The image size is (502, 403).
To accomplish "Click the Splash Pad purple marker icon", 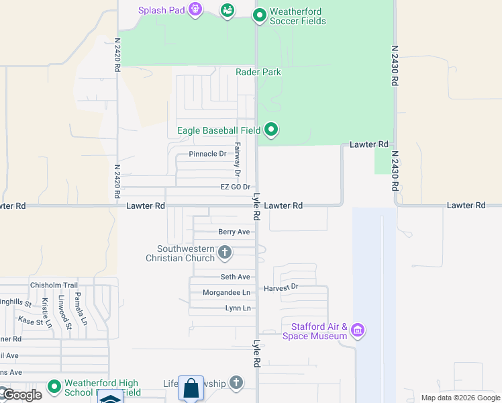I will pyautogui.click(x=195, y=10).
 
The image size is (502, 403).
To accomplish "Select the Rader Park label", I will pyautogui.click(x=258, y=72).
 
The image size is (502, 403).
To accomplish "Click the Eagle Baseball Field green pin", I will pyautogui.click(x=271, y=130).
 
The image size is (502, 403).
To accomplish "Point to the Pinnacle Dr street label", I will pyautogui.click(x=207, y=154).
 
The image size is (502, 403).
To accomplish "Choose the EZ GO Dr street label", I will pyautogui.click(x=235, y=187).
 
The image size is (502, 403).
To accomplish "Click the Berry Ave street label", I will pyautogui.click(x=234, y=232).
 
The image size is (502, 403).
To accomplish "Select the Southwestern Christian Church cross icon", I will pyautogui.click(x=225, y=253).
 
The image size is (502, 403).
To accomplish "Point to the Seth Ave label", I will pyautogui.click(x=235, y=277).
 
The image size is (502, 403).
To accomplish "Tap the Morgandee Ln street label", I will pyautogui.click(x=227, y=293).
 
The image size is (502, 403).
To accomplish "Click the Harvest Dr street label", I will pyautogui.click(x=281, y=287).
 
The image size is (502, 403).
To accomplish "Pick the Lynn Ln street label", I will pyautogui.click(x=238, y=308).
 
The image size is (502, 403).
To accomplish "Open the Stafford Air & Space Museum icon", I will pyautogui.click(x=358, y=330).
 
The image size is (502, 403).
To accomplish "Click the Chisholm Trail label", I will pyautogui.click(x=54, y=285).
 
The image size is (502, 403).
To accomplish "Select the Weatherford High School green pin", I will pyautogui.click(x=54, y=387).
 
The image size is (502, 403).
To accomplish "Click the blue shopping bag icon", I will pyautogui.click(x=191, y=388).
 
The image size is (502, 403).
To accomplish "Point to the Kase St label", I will pyautogui.click(x=31, y=322).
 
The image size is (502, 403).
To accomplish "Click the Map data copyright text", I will pyautogui.click(x=460, y=398).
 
